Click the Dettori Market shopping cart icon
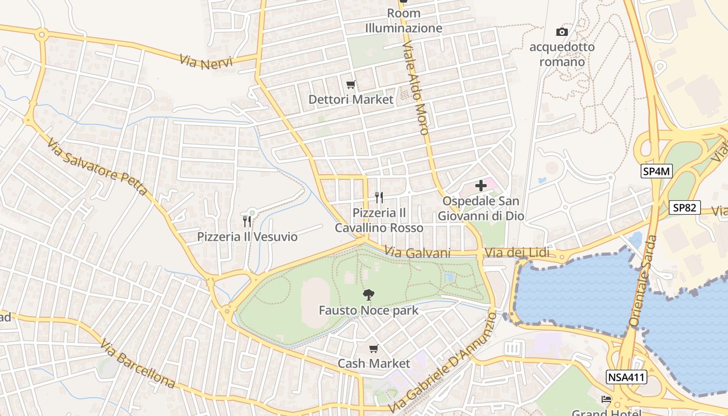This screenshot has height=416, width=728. pyautogui.click(x=351, y=84)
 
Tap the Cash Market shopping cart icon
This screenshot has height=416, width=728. pyautogui.click(x=373, y=348)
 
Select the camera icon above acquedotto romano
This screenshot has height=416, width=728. pyautogui.click(x=562, y=32)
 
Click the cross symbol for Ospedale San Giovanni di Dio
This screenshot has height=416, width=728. pyautogui.click(x=481, y=185)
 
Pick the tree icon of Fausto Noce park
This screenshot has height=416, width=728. pyautogui.click(x=368, y=295)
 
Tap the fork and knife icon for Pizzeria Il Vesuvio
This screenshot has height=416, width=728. pyautogui.click(x=247, y=222)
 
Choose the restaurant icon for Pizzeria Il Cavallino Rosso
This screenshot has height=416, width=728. pyautogui.click(x=379, y=198)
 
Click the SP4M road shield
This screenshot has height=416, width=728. pyautogui.click(x=656, y=172)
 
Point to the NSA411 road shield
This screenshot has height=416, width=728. pyautogui.click(x=626, y=377)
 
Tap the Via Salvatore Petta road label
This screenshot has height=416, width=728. pyautogui.click(x=97, y=166)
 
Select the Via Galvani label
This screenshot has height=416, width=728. pyautogui.click(x=418, y=253)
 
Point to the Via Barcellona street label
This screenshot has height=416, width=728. pyautogui.click(x=137, y=364)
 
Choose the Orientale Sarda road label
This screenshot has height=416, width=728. pyautogui.click(x=643, y=281)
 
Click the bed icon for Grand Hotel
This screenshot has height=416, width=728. pyautogui.click(x=606, y=399)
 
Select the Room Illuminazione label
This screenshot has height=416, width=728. pyautogui.click(x=404, y=20)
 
